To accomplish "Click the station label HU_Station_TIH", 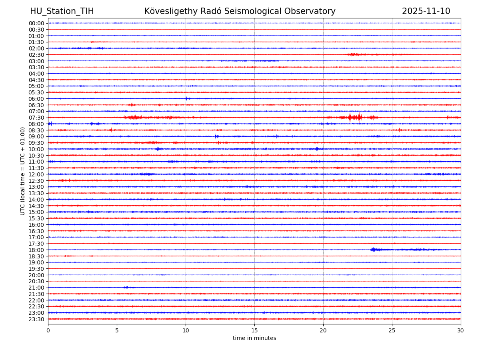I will click(x=62, y=12).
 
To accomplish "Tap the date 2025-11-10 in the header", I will click(x=426, y=12).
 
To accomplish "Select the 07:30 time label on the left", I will click(x=36, y=118).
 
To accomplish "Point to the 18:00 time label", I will click(x=36, y=250).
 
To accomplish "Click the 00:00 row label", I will click(x=36, y=23).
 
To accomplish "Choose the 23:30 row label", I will click(x=36, y=319).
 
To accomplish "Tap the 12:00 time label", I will click(x=36, y=174).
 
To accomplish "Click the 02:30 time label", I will click(x=36, y=55).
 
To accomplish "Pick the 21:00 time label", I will click(x=36, y=288).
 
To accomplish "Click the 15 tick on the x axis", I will click(x=254, y=330).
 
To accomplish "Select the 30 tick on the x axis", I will click(x=461, y=330).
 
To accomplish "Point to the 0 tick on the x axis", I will click(x=48, y=330).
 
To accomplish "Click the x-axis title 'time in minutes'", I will click(x=254, y=338).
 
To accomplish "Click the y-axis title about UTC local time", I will click(x=23, y=171).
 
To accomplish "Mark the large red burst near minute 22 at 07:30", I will click(x=350, y=117).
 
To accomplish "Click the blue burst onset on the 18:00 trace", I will click(x=373, y=250).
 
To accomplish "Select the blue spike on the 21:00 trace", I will click(x=126, y=287).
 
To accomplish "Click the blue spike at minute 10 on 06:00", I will click(x=186, y=98).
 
